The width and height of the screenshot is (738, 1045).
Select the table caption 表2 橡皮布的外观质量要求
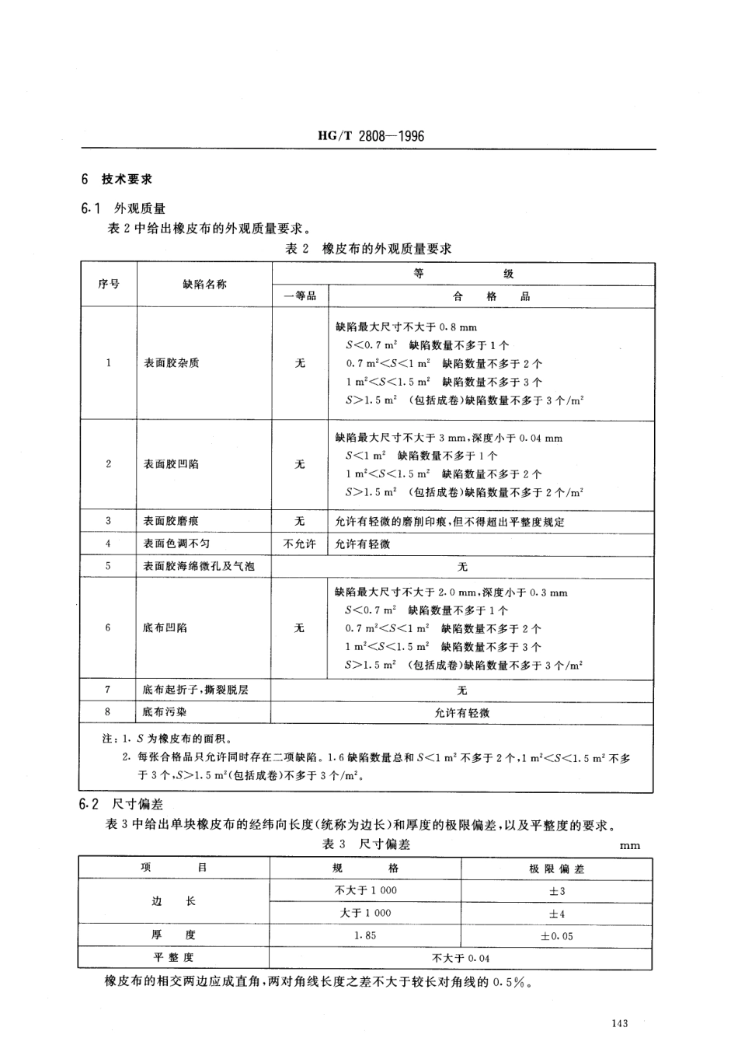click(369, 249)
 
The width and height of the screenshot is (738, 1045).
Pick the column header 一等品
click(300, 296)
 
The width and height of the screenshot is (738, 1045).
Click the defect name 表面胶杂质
click(171, 363)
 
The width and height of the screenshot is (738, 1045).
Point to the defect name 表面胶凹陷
click(171, 464)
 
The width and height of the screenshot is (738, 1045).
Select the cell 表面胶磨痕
click(171, 521)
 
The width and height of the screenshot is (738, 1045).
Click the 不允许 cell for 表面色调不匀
click(300, 543)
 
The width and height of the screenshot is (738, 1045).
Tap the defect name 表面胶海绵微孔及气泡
click(199, 566)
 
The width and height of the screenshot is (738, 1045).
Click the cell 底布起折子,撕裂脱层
click(196, 690)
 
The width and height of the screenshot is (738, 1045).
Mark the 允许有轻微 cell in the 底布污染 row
click(462, 712)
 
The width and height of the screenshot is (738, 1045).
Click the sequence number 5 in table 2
click(108, 566)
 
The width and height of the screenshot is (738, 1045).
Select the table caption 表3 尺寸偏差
click(366, 844)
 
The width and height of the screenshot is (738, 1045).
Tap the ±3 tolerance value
click(557, 891)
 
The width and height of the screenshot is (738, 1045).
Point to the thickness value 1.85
click(365, 935)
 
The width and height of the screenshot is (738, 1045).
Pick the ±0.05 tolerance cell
click(557, 936)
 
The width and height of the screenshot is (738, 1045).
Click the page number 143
click(619, 1024)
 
